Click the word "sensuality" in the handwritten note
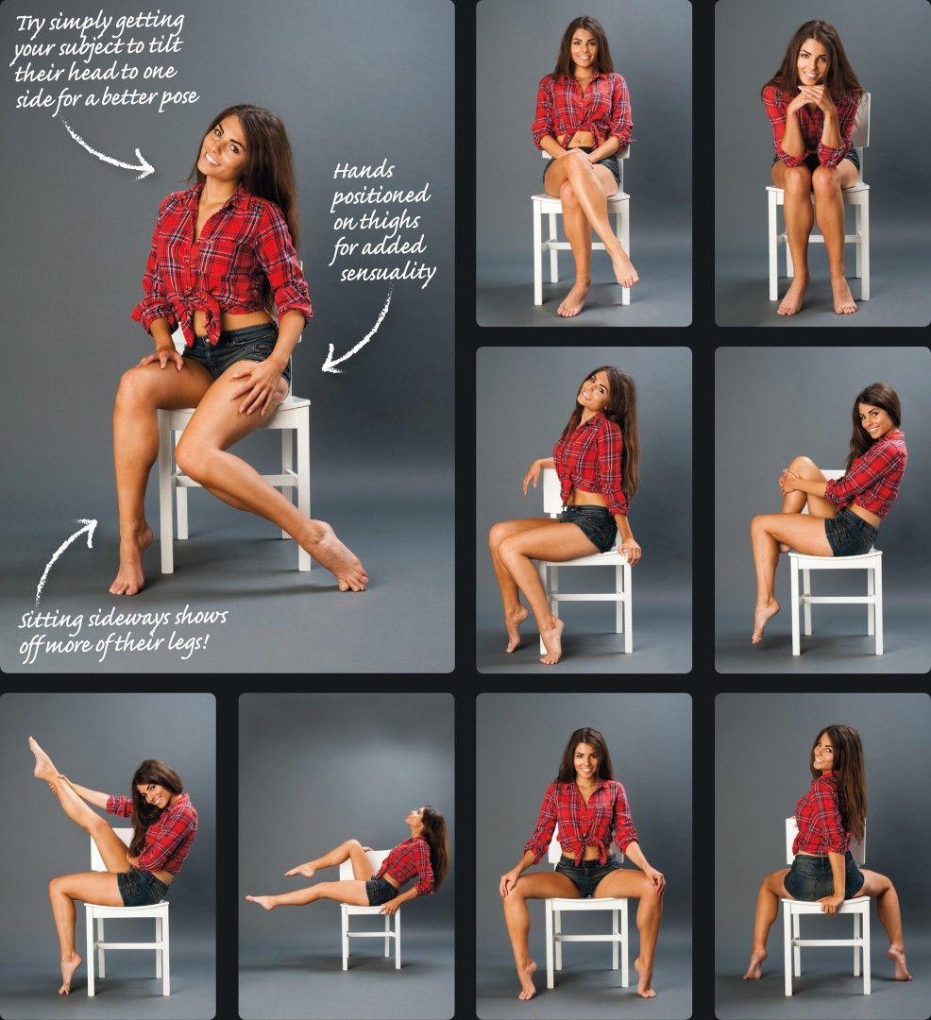388,273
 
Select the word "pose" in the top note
177,98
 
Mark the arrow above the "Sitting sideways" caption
65,556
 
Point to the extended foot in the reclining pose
262,901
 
